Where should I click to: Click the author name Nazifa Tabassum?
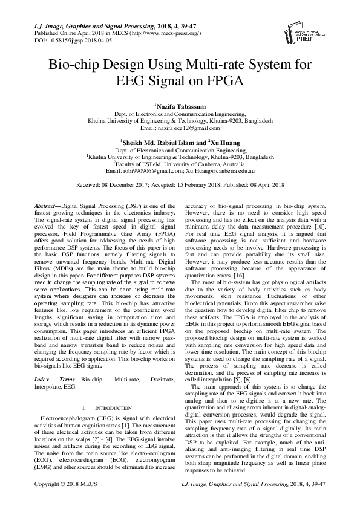tap(181, 106)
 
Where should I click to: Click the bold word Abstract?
tap(47, 207)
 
